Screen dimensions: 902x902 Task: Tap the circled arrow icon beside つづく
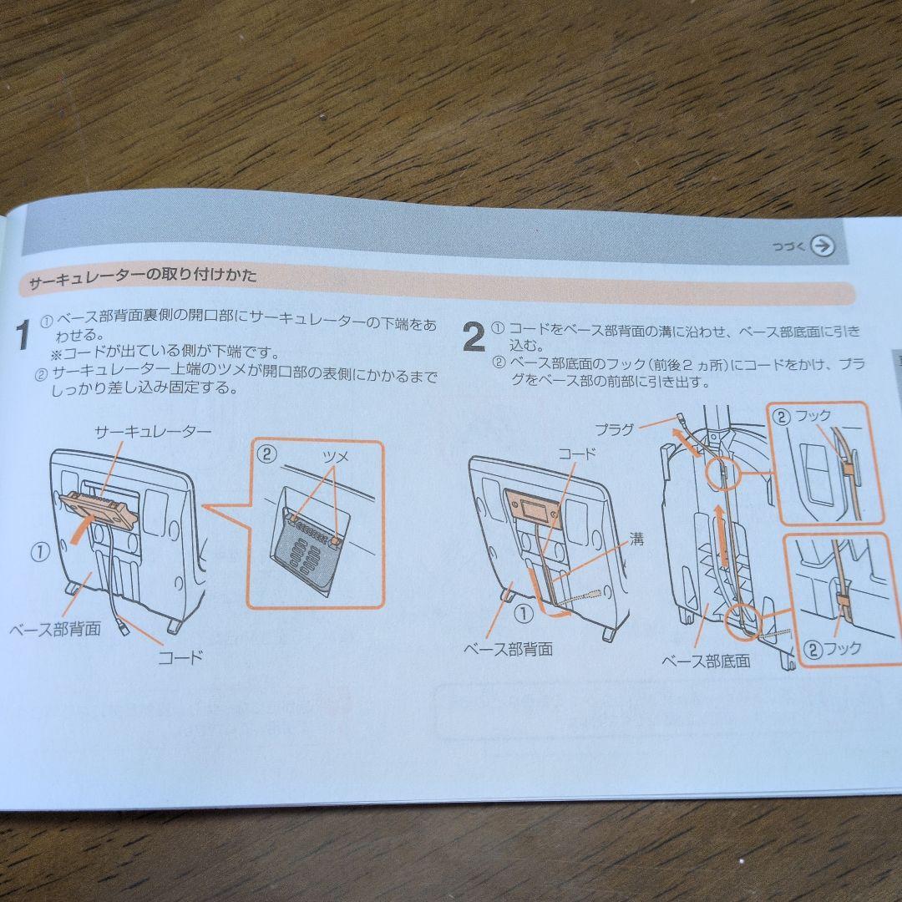click(x=823, y=246)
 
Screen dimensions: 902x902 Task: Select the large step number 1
click(x=25, y=335)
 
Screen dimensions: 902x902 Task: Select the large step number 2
click(x=474, y=338)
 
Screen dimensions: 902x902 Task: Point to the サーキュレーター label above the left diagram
click(x=153, y=431)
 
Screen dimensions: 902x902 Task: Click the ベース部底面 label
click(x=706, y=661)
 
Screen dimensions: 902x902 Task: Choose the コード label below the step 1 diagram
click(x=180, y=656)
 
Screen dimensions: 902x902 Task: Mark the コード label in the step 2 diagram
click(x=577, y=454)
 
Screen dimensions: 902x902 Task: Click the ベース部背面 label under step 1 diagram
click(x=55, y=628)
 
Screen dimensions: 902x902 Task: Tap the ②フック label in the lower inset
click(x=832, y=648)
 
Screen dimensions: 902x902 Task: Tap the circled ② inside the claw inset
click(x=266, y=454)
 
